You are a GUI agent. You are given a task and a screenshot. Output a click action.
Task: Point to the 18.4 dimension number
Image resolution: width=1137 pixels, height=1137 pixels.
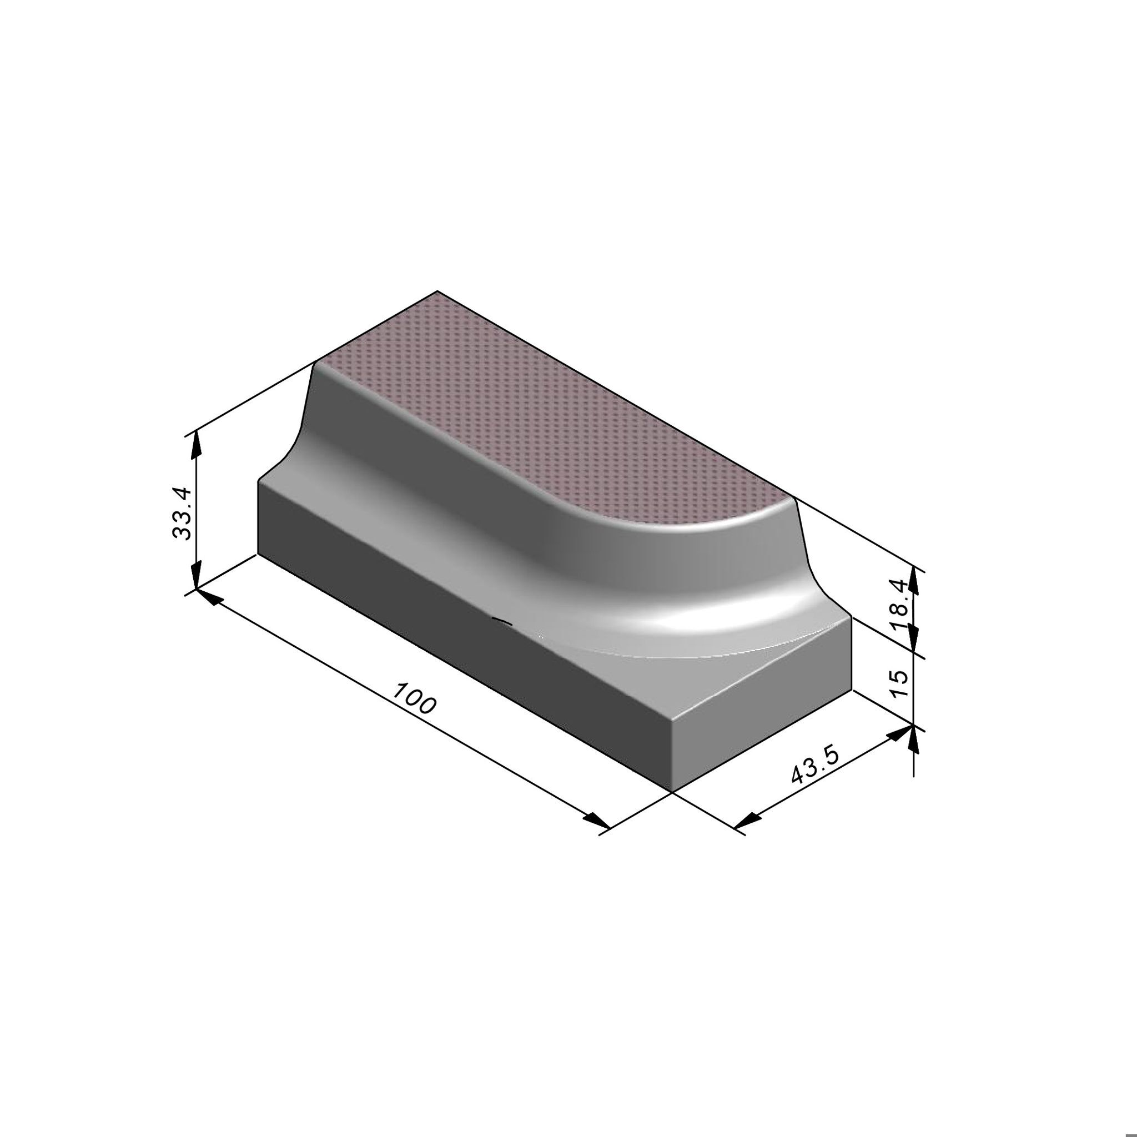tap(900, 605)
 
